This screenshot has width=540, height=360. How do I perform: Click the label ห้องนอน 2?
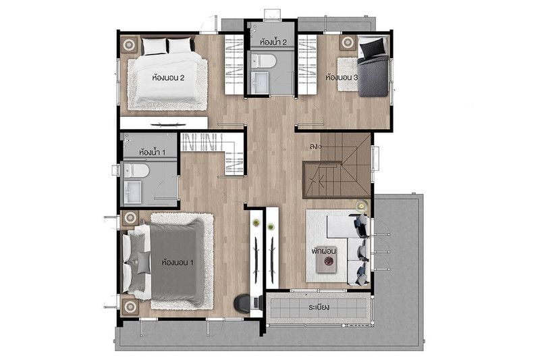(168, 78)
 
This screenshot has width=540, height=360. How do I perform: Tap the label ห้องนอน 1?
(178, 263)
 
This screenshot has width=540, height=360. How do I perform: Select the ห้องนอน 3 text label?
(342, 78)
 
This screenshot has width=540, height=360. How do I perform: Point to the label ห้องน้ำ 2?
(273, 43)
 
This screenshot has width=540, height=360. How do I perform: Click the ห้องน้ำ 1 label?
(153, 152)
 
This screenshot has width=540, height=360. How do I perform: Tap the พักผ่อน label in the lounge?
(324, 251)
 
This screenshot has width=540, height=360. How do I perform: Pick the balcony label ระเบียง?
(319, 307)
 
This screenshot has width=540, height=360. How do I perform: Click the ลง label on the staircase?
(313, 147)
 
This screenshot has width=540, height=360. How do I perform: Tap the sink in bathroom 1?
(133, 191)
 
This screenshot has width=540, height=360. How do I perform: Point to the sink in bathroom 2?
(259, 82)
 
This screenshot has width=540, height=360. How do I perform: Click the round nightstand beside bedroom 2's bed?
(130, 45)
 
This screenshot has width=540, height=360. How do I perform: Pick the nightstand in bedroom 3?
(348, 43)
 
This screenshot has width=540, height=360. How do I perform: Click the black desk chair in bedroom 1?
(242, 303)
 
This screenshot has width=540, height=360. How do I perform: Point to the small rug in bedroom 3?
(347, 74)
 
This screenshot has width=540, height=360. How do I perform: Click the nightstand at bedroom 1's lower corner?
(130, 306)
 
